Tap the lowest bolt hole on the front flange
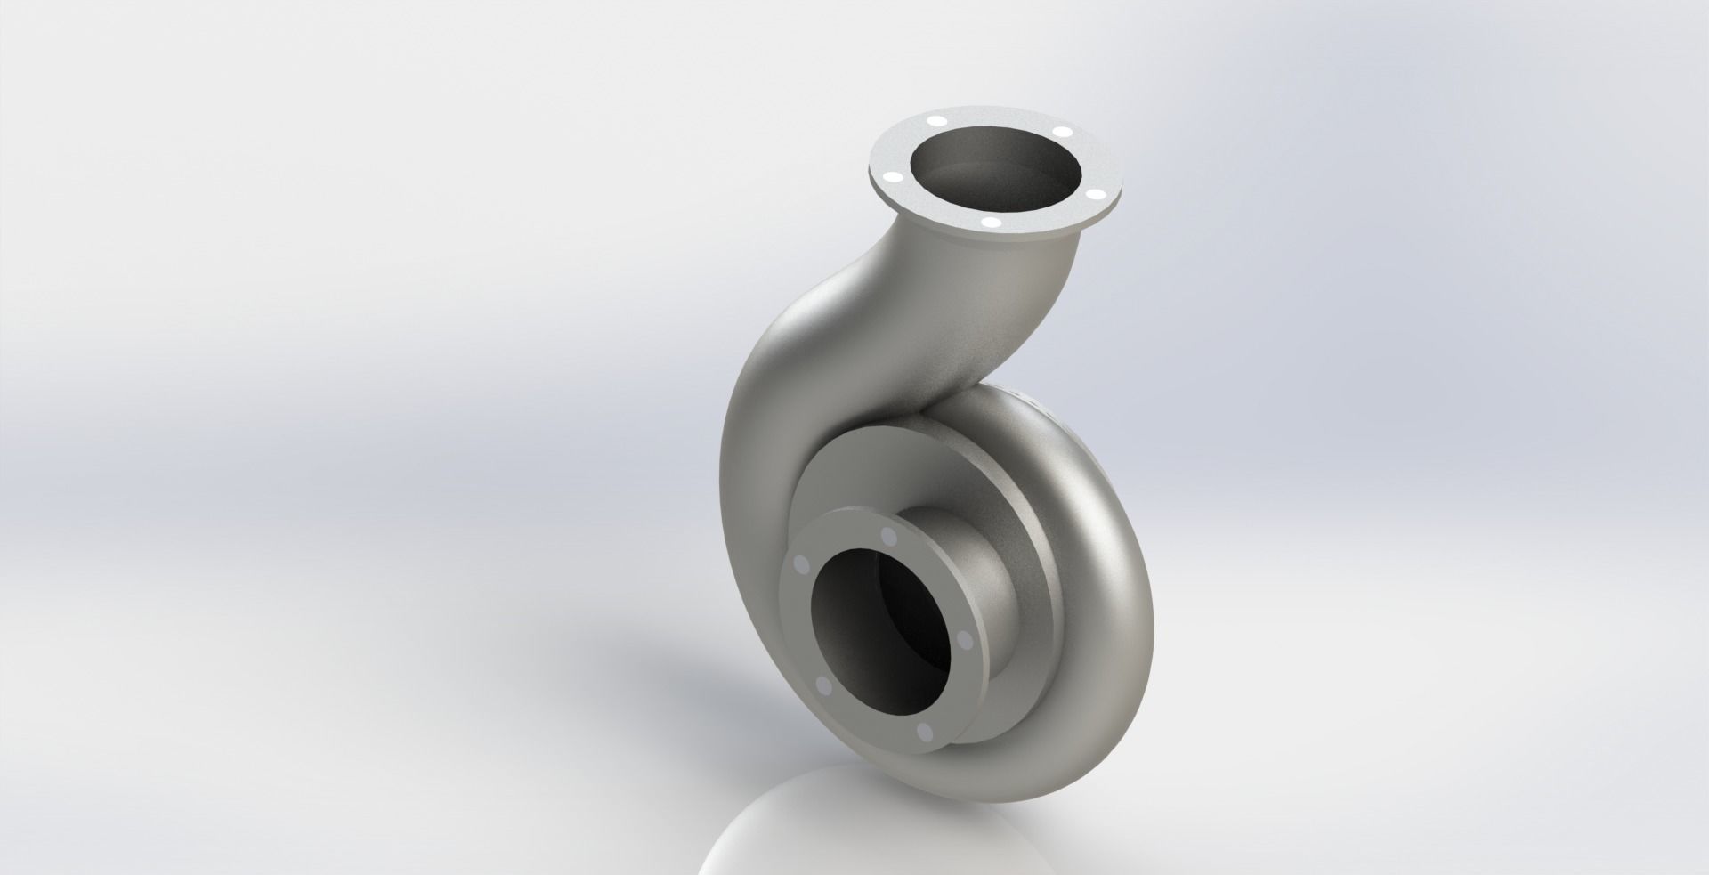pos(923,732)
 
